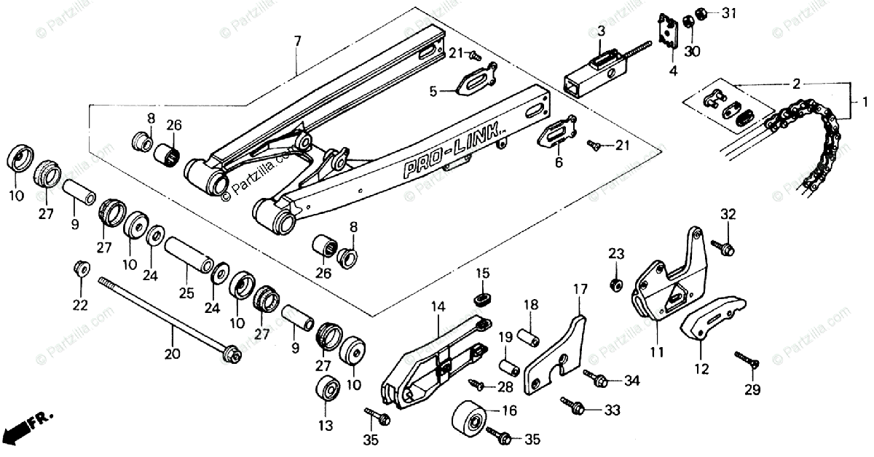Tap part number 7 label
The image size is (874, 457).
[x=297, y=41]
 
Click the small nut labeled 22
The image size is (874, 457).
[x=81, y=268]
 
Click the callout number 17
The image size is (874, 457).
[x=579, y=289]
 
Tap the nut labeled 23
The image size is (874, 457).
[x=616, y=283]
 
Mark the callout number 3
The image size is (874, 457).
[x=601, y=31]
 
